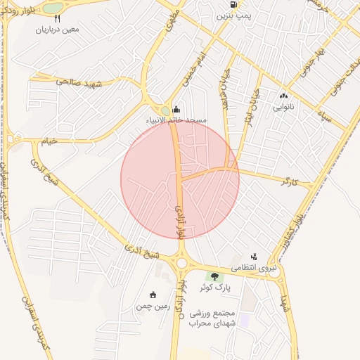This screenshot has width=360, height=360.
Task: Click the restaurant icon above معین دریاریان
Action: click(x=57, y=19)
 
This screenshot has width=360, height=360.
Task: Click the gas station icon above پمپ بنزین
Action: click(x=233, y=4)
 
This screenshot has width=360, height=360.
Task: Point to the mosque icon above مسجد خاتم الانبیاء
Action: click(x=176, y=109)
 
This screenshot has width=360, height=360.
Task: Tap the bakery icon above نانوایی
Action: click(x=284, y=96)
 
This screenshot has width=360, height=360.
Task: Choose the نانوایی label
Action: click(x=284, y=107)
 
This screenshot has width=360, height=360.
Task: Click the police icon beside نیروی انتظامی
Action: click(x=254, y=257)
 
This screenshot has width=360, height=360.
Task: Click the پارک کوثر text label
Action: click(x=215, y=288)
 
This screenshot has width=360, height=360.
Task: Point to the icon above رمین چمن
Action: click(x=153, y=295)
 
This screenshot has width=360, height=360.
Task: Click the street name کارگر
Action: click(x=289, y=182)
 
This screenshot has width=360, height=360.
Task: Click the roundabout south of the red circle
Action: click(x=182, y=262)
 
